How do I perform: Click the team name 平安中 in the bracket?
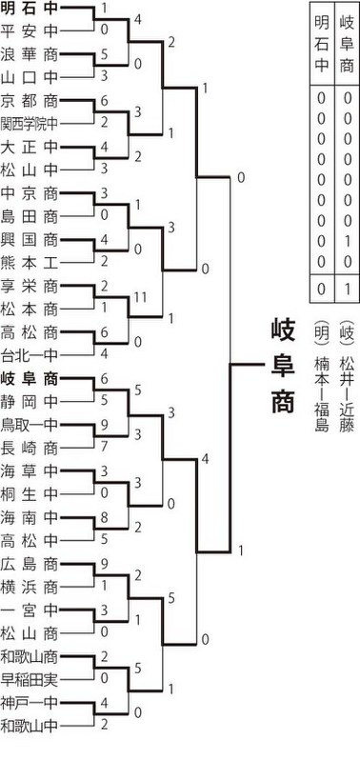click(30, 31)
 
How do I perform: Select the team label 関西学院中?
click(30, 124)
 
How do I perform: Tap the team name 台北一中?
click(30, 356)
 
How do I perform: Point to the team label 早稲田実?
click(30, 680)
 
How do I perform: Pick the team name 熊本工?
click(30, 263)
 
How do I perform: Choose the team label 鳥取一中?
click(30, 425)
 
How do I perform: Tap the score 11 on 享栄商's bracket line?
click(140, 297)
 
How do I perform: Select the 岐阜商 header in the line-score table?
click(347, 44)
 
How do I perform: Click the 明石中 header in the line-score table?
click(322, 44)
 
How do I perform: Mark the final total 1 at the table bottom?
click(347, 290)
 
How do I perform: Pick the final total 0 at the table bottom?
click(322, 290)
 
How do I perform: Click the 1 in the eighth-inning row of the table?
click(347, 241)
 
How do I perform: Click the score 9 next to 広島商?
click(105, 563)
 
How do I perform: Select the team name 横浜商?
click(30, 587)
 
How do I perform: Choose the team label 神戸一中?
click(30, 702)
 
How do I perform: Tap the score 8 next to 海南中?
click(105, 517)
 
